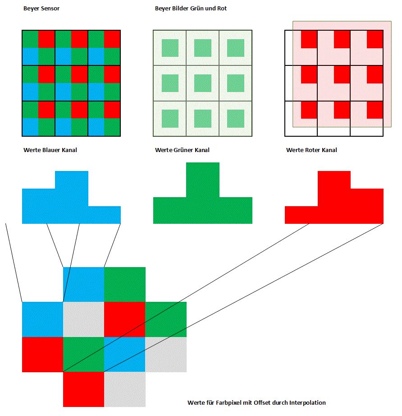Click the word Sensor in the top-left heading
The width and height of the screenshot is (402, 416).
pos(50,8)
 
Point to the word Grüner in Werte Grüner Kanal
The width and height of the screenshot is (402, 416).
pos(183,150)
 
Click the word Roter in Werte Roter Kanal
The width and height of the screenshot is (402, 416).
pos(312,150)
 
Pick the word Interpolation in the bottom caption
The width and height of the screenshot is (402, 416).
pos(307,402)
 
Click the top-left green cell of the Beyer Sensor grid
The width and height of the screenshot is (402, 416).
pos(30,39)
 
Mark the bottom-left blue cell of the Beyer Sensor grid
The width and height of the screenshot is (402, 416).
pos(30,127)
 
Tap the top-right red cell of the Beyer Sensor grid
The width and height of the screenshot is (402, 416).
pos(112,39)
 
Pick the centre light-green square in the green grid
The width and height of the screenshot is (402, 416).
pos(203,83)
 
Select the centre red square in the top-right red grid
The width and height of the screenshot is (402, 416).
pos(342,74)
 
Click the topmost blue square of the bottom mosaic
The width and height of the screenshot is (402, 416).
pos(83,284)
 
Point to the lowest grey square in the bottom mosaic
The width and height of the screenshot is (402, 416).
pos(125,389)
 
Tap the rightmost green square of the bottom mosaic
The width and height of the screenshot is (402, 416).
pos(166,319)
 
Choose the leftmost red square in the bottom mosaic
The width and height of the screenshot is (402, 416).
pos(42,355)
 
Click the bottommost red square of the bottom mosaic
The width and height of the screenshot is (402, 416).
pos(83,389)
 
